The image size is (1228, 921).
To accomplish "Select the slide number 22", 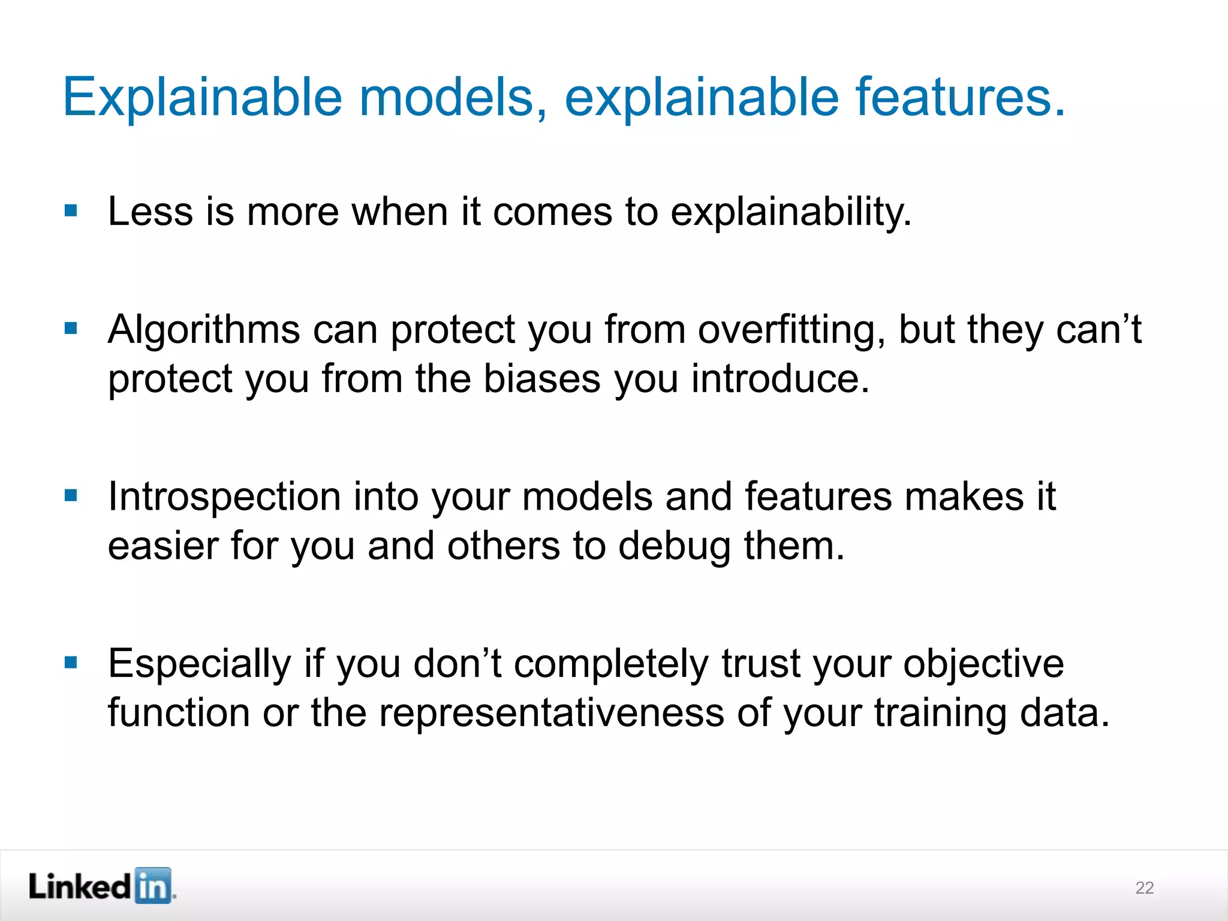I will (x=1144, y=887).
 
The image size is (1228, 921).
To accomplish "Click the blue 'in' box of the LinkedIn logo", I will (x=153, y=886).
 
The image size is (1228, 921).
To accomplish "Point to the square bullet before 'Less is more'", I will (x=71, y=210).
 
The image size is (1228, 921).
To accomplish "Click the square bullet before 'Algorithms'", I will (x=71, y=328).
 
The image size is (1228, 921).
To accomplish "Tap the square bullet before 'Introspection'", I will (x=71, y=495).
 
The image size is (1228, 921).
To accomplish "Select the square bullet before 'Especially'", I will (x=71, y=663).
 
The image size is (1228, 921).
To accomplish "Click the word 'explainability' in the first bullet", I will (x=790, y=212).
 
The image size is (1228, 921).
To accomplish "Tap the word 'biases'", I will (x=542, y=379).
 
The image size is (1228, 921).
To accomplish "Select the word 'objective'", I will (x=983, y=664).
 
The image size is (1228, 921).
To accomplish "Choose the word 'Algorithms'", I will (x=204, y=330).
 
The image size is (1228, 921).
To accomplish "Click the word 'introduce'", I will (x=779, y=379).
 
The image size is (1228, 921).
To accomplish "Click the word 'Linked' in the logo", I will (x=80, y=886).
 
